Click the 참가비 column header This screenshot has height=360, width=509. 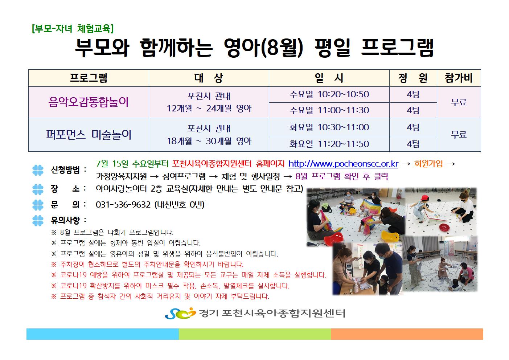pos(458,78)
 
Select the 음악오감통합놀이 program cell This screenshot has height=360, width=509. pos(89,102)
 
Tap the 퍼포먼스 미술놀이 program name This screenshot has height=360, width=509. pos(89,135)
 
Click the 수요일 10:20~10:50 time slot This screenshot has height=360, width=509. pos(329,94)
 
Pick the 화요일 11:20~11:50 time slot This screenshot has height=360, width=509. pos(329,144)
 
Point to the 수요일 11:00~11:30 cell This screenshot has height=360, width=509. pos(329,110)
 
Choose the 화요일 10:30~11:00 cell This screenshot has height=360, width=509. pos(329,127)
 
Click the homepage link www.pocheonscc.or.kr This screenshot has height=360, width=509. pos(343,164)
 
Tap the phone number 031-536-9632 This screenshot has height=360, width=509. pos(123,205)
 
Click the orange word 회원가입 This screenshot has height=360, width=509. pos(428,164)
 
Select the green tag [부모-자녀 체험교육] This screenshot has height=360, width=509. pos(73,29)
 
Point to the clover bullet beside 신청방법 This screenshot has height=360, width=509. pos(38,170)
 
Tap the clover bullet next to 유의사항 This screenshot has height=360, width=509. pos(38,220)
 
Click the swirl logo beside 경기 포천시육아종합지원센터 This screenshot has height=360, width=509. pos(180,313)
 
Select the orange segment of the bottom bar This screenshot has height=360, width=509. pos(407,334)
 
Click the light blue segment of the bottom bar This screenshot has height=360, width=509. pos(102,334)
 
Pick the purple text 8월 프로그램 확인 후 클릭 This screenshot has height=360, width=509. pos(341,176)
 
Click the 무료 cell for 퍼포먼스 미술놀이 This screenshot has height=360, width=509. pos(459,135)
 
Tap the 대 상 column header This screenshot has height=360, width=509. pos(209,78)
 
